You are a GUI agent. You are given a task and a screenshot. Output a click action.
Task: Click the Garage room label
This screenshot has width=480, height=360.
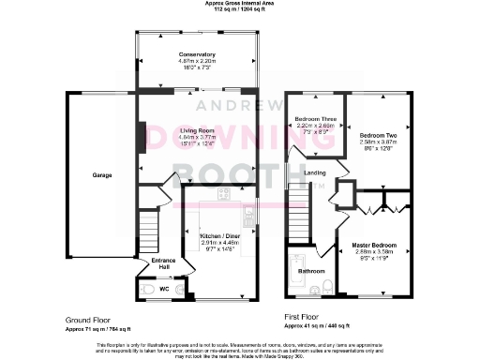pos(102,175)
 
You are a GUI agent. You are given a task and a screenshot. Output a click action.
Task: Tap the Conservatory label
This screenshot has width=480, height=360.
pos(197,55)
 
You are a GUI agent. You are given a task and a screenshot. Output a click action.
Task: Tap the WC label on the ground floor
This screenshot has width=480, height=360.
pos(163,290)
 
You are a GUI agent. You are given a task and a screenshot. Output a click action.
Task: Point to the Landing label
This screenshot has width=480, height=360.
pos(315,173)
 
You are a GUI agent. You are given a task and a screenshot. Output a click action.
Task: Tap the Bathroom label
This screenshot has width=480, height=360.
pos(311,272)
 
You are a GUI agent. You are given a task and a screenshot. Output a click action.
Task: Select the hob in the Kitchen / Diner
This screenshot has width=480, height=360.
pos(224,195)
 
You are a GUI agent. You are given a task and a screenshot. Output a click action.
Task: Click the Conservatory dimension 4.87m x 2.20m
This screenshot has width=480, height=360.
pos(197,62)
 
